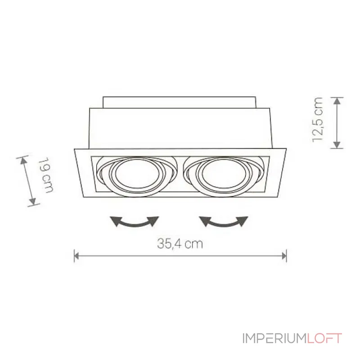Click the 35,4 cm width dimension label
click(180, 244)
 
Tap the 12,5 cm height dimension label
click(318, 119)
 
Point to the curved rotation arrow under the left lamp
click(135, 221)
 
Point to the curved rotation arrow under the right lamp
click(224, 221)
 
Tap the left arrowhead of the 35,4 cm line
click(76, 256)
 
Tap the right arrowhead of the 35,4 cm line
click(284, 256)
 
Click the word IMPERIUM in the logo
click(274, 338)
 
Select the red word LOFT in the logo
click(324, 338)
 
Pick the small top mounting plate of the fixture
click(180, 102)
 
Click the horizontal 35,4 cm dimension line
click(180, 256)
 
